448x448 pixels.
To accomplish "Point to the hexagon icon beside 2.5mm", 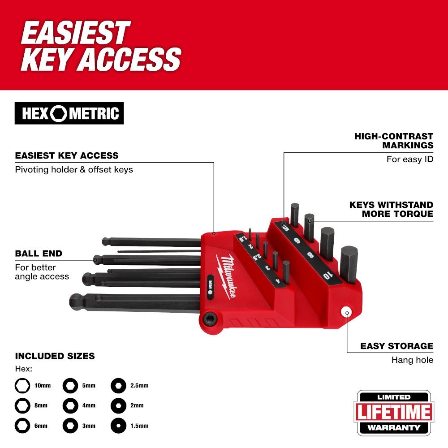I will click(x=118, y=385).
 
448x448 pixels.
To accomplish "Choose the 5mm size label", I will click(x=89, y=385).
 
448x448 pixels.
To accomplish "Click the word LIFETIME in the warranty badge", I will click(x=394, y=412).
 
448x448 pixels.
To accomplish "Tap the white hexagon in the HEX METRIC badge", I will click(x=58, y=114).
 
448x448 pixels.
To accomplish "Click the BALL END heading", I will click(x=39, y=254).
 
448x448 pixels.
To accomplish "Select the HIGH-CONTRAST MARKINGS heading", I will click(x=394, y=140).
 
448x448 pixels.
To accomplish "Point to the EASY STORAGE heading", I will click(x=396, y=346).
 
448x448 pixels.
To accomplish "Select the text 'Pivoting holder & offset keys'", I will click(x=74, y=170).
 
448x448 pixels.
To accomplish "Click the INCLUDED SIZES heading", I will click(x=55, y=356).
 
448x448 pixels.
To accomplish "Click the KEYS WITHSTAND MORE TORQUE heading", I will click(x=391, y=209).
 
